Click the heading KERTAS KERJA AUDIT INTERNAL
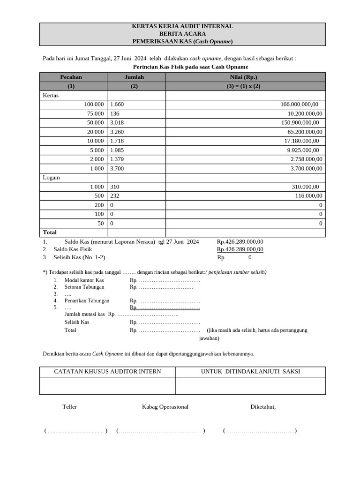tap(182, 27)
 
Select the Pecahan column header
tap(71, 77)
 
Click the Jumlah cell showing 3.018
tap(117, 123)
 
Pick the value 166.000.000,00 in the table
tap(299, 105)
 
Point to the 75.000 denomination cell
tap(95, 114)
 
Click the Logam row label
tap(52, 178)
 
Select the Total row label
tap(50, 232)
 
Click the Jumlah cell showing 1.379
tap(117, 159)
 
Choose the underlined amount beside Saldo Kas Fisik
tap(240, 249)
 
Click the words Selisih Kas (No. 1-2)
tap(79, 257)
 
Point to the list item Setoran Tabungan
tap(84, 287)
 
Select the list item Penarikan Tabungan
tap(87, 301)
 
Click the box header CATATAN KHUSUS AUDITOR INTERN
tap(107, 372)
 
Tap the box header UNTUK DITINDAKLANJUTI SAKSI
tap(250, 372)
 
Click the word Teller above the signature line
tap(69, 407)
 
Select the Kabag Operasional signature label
tap(165, 407)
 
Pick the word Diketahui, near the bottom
tap(263, 407)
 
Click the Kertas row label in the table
tap(51, 96)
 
